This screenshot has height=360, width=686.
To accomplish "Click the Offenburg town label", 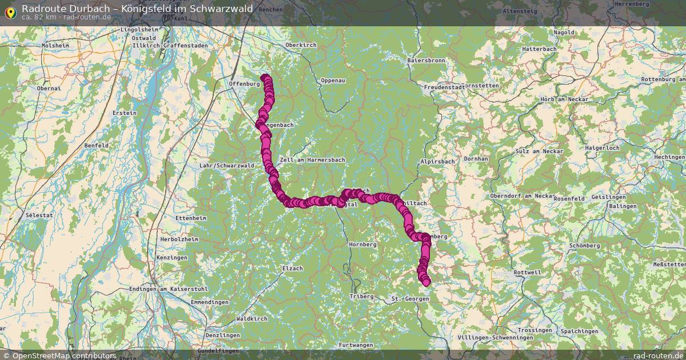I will point(244,84).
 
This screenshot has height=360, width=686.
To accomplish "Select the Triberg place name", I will point(361,297).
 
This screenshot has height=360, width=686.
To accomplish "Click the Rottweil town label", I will point(527,273).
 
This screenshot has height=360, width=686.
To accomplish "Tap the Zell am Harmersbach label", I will point(312,160).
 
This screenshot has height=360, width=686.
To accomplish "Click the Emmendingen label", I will point(210,302).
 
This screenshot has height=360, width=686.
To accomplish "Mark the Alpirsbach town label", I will point(437,162).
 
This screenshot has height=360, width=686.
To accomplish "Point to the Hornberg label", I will point(362,244).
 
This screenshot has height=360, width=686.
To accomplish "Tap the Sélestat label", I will point(39,215).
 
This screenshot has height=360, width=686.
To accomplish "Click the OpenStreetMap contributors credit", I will point(63,355).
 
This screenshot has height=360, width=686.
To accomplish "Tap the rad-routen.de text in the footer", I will point(658,355).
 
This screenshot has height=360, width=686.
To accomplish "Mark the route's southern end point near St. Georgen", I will point(426,282).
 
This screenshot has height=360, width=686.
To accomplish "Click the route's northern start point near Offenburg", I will point(264,78).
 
